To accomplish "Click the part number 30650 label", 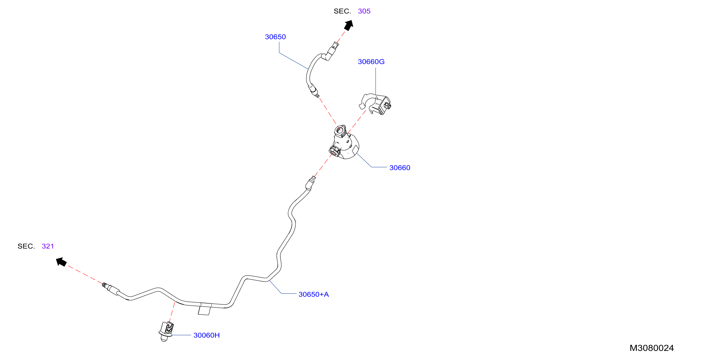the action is pos(275,37).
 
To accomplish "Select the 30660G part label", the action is pos(371,62).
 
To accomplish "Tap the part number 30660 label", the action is pos(400,167).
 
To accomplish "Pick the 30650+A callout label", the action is pos(314,294).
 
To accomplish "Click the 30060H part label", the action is pos(206,335).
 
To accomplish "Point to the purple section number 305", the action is pos(364,11).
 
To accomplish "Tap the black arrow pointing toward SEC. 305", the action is pos(349,25).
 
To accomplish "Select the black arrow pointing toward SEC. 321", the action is pos(61,262).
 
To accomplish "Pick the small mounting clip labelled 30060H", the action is pos(166,331).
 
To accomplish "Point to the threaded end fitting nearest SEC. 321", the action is pos(111,288).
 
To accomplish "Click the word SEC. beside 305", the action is pos(342,11).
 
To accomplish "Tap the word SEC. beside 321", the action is pos(26,246).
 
